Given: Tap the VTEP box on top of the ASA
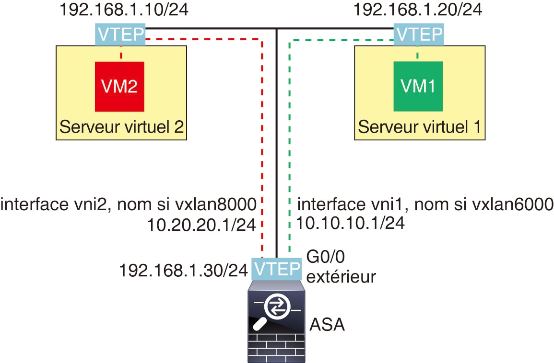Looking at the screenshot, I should (277, 269).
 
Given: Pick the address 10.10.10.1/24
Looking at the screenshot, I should (350, 223).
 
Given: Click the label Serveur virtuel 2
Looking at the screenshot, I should (122, 127).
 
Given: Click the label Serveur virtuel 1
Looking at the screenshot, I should (420, 127).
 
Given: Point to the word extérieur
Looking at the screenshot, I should (341, 277).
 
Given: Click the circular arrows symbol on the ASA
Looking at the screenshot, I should (276, 307).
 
